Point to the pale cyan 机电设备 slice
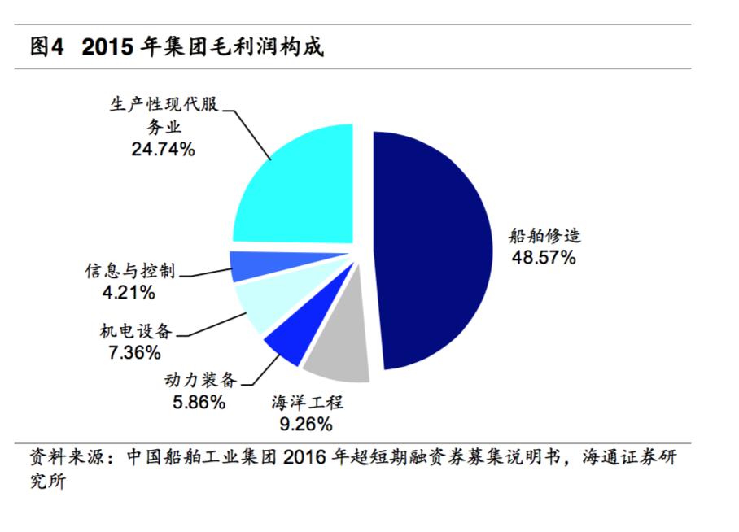pyautogui.click(x=259, y=303)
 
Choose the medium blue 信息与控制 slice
pyautogui.click(x=246, y=265)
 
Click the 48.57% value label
pyautogui.click(x=543, y=258)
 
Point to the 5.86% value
pyautogui.click(x=199, y=401)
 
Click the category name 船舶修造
pyautogui.click(x=544, y=237)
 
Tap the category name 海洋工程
pyautogui.click(x=308, y=402)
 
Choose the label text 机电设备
pyautogui.click(x=136, y=331)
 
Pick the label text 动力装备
pyautogui.click(x=199, y=380)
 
